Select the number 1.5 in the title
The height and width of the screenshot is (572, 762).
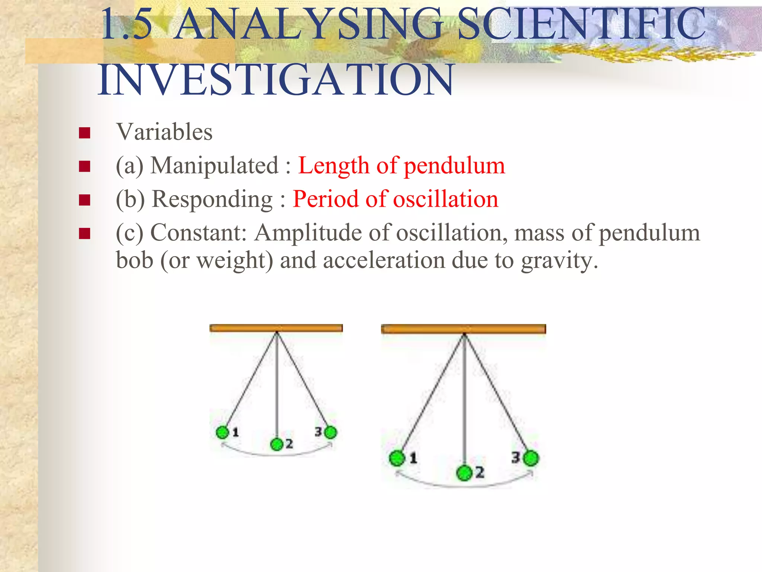(x=127, y=25)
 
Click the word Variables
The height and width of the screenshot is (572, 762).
(x=164, y=132)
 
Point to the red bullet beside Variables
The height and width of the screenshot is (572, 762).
(x=85, y=133)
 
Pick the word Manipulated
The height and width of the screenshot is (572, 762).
(x=214, y=165)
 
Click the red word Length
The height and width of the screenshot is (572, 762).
(x=333, y=165)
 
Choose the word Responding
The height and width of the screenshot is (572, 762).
(x=212, y=199)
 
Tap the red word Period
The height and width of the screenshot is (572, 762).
(x=325, y=199)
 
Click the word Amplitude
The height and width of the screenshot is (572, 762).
(x=308, y=233)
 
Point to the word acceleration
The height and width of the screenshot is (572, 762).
(x=384, y=260)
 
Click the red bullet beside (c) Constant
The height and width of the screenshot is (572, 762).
(x=85, y=234)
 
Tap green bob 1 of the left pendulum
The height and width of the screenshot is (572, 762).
(x=222, y=432)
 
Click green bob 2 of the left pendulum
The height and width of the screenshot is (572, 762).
(x=277, y=444)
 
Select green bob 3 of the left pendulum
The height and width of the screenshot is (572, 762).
(x=330, y=432)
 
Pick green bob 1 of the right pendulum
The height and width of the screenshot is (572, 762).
(x=397, y=458)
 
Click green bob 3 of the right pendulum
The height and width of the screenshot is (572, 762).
(x=531, y=458)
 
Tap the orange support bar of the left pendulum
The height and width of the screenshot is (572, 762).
(x=276, y=328)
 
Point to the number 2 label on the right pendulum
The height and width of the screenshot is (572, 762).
(x=480, y=472)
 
